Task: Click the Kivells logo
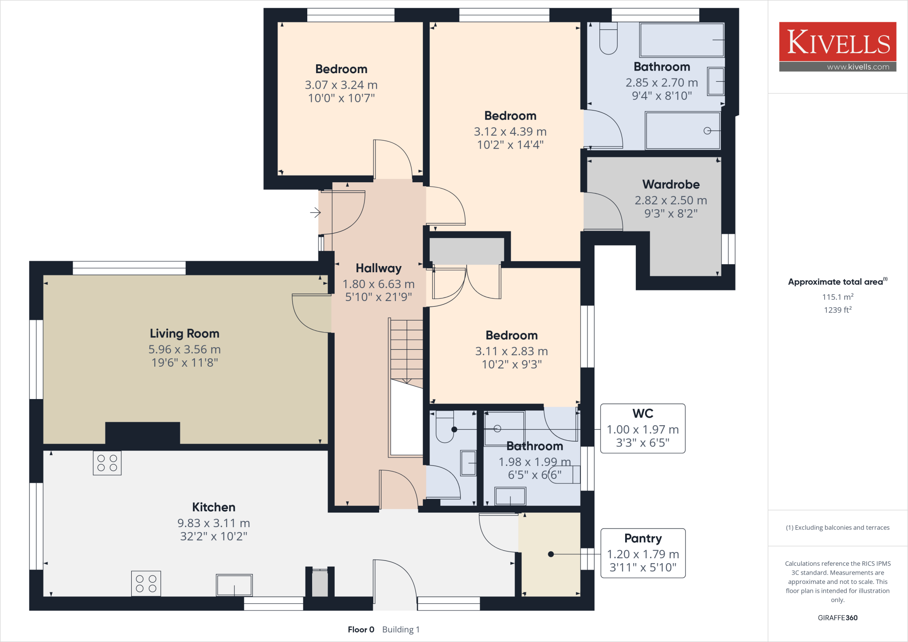(x=838, y=42)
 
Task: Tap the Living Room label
(x=184, y=333)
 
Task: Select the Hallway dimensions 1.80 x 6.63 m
(x=378, y=284)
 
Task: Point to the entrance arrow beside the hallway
(x=315, y=213)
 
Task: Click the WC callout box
(x=642, y=428)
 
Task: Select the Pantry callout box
(x=642, y=553)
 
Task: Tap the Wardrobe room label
(x=671, y=184)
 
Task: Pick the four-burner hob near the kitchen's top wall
(x=107, y=463)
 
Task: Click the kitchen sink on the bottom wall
(x=234, y=585)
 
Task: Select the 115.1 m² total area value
(x=838, y=297)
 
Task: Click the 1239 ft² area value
(x=838, y=310)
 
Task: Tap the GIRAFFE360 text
(x=838, y=618)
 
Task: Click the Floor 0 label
(x=361, y=630)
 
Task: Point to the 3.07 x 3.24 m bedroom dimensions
(x=341, y=85)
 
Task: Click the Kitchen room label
(x=214, y=507)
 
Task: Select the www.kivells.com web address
(x=857, y=67)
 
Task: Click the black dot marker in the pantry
(x=551, y=554)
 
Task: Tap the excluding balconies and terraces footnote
(x=838, y=528)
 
